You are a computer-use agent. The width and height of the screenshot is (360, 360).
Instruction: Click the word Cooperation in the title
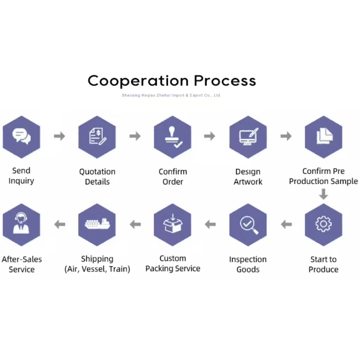pos(138,81)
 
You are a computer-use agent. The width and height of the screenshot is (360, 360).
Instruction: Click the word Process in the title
pos(225,81)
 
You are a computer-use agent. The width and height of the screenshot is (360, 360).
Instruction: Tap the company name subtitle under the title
pos(171,95)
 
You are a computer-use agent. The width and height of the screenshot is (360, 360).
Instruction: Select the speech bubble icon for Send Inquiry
pos(21,136)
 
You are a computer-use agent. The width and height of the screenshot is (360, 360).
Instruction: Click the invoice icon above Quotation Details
pos(98,136)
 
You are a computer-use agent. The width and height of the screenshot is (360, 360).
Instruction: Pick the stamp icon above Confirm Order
pos(173,137)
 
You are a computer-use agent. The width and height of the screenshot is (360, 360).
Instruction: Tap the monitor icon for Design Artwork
pos(249,136)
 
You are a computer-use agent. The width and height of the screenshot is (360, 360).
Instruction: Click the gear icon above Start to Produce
pos(323,224)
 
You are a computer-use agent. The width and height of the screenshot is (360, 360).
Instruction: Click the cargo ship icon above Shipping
pos(97,224)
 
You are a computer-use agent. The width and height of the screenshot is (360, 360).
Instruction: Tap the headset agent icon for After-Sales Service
pos(21,223)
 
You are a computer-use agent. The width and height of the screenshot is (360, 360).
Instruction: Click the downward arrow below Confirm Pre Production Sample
pos(323,194)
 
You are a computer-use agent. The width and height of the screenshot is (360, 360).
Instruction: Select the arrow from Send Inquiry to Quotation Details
pos(59,136)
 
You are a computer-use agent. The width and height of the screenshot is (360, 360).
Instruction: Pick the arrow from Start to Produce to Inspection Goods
pos(286,224)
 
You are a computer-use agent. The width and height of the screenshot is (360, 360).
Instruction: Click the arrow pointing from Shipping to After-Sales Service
pos(60,224)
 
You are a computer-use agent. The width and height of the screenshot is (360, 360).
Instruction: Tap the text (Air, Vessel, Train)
pos(97,269)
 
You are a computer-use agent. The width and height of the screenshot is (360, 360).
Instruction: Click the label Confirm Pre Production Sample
pos(323,176)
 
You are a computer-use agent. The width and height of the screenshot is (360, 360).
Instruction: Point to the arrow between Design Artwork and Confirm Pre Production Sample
pos(286,136)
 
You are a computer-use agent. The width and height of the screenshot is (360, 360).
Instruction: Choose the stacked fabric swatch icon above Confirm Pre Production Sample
pos(324,136)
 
